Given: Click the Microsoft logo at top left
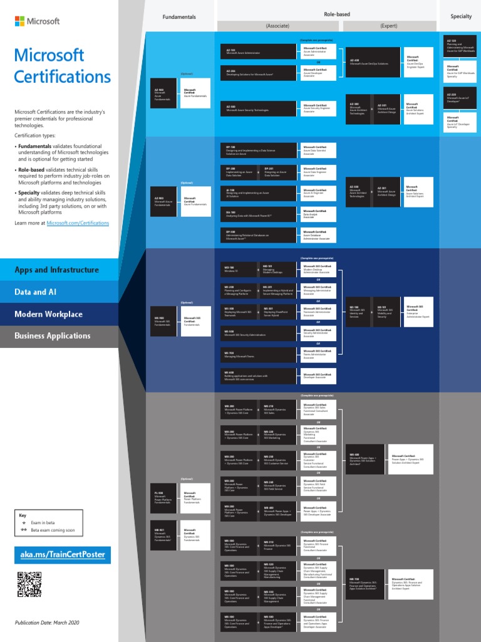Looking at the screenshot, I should click(x=37, y=21).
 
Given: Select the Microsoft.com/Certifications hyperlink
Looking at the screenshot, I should click(x=78, y=223).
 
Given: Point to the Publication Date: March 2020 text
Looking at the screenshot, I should click(x=48, y=623).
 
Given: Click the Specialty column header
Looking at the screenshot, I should click(x=461, y=16).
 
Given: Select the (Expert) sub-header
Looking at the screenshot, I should click(x=389, y=26).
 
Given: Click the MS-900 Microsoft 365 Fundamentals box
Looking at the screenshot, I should click(x=165, y=320).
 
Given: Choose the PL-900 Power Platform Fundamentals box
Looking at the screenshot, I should click(x=165, y=498).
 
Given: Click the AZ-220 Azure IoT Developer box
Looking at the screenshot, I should click(x=460, y=97).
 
